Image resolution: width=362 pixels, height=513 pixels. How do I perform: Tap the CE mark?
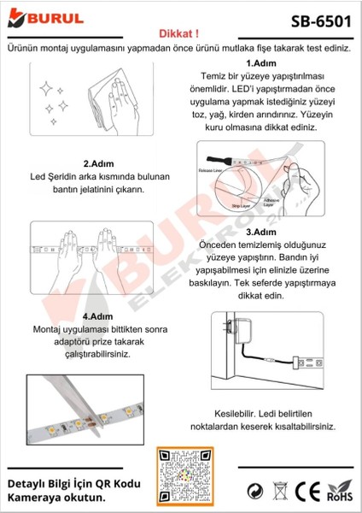click(x=306, y=492)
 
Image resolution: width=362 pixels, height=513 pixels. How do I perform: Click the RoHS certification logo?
click(x=340, y=492)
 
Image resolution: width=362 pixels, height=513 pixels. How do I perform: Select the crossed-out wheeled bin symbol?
click(x=280, y=492)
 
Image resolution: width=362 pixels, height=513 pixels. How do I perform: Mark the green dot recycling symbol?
click(x=254, y=492)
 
